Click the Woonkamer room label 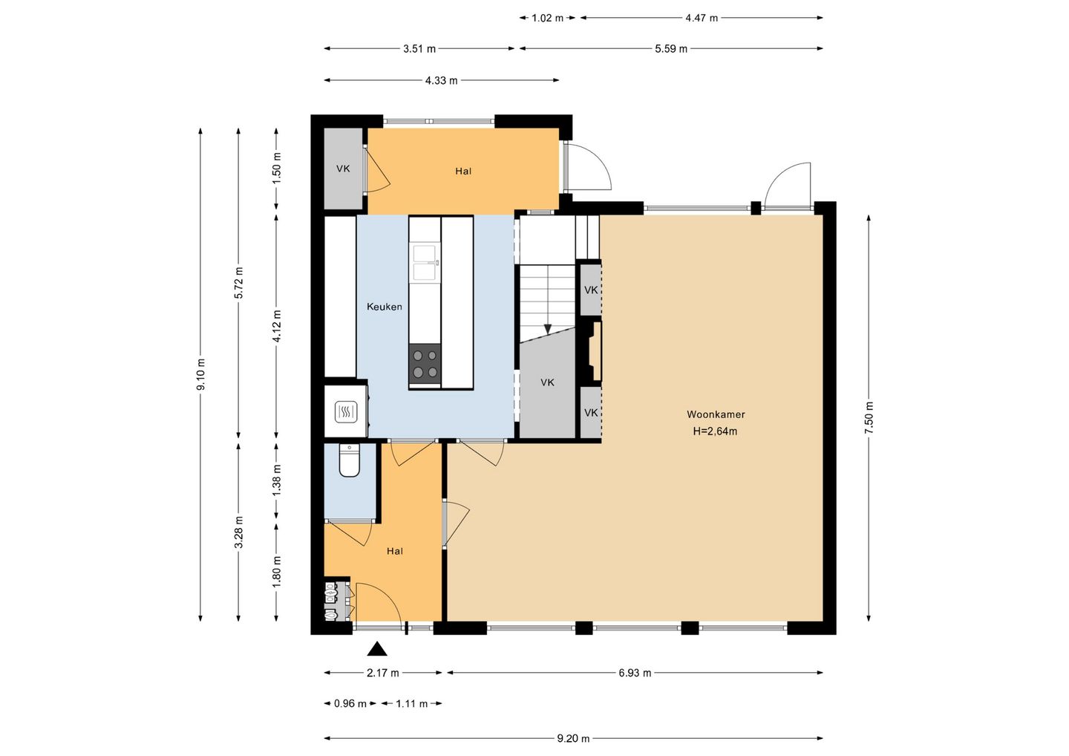716,414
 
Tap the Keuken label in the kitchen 385,307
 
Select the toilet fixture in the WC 350,460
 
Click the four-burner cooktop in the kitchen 425,364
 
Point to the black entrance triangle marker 377,648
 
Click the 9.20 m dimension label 573,739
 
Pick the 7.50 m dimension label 869,417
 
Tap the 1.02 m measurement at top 547,18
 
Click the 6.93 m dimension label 635,673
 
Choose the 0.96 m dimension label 350,703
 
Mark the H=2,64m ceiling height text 715,431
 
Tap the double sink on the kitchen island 425,262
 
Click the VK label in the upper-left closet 343,169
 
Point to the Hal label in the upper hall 463,171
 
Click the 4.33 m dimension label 441,81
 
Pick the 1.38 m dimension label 277,480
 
